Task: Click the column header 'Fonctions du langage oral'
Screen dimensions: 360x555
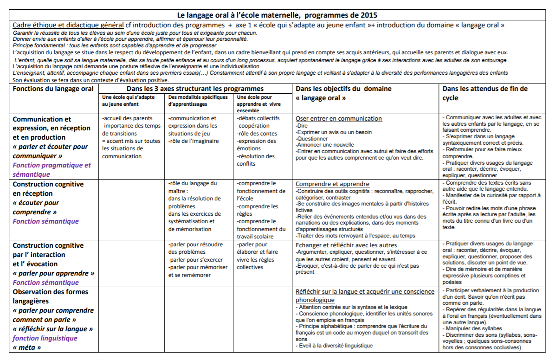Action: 53,89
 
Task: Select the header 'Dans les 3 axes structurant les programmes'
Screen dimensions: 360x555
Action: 195,89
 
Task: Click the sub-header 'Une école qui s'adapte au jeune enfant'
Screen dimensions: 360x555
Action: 128,101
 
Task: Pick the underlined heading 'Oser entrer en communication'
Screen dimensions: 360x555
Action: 339,119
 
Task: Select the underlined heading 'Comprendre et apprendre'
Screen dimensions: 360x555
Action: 333,184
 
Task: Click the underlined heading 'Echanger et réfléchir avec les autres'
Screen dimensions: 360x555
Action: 346,245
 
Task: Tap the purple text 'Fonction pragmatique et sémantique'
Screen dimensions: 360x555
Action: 52,170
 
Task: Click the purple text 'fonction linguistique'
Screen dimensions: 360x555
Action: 45,338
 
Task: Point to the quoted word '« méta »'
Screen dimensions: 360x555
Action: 26,347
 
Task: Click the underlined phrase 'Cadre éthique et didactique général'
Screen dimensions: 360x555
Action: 68,25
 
